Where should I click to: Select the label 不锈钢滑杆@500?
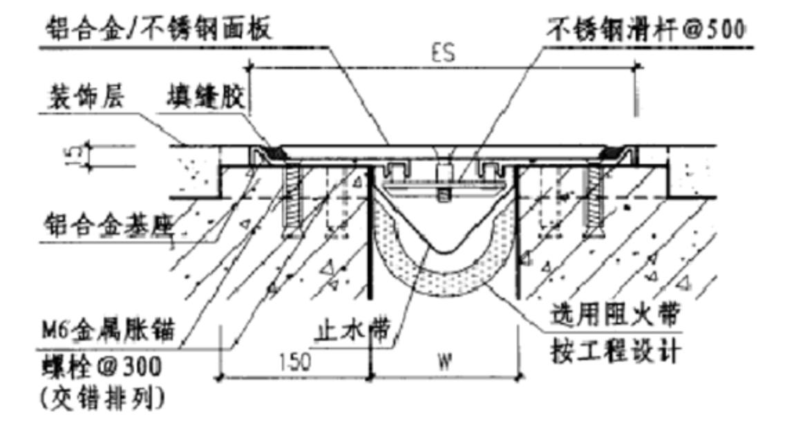pyautogui.click(x=646, y=29)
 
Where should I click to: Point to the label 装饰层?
pyautogui.click(x=86, y=97)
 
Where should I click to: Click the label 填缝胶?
pyautogui.click(x=205, y=97)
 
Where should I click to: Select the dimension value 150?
pyautogui.click(x=295, y=361)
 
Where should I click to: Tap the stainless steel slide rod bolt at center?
pyautogui.click(x=444, y=183)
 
